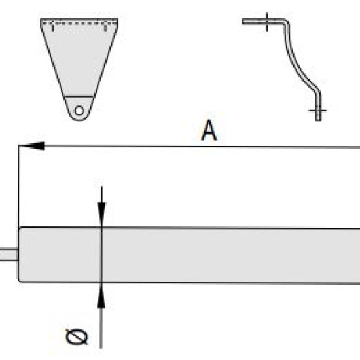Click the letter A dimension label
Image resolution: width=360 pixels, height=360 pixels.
[x=209, y=130]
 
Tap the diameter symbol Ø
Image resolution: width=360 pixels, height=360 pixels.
[x=77, y=337]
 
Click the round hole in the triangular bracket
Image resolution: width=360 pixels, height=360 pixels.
[x=79, y=111]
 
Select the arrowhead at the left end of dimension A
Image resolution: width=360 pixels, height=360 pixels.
[x=33, y=146]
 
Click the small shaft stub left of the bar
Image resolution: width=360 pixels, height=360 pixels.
[x=9, y=255]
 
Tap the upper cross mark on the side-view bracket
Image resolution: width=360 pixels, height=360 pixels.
[x=267, y=22]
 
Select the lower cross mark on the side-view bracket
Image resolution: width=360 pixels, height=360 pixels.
[x=317, y=111]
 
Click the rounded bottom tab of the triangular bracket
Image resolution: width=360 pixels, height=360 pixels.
[x=79, y=109]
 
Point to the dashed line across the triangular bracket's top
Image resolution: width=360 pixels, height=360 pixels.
[x=79, y=23]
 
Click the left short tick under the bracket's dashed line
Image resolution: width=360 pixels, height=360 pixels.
[x=52, y=27]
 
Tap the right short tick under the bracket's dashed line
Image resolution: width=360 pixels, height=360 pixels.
[x=105, y=27]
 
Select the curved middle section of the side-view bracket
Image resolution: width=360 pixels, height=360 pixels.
[x=298, y=64]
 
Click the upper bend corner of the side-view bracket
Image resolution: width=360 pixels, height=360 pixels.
[x=286, y=22]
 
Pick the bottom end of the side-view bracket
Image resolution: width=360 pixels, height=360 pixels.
[x=318, y=119]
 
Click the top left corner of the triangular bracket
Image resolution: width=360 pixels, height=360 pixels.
[x=41, y=19]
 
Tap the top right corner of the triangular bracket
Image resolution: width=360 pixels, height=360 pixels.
[x=117, y=19]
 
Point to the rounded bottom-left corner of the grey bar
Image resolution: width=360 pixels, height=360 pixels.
[x=19, y=281]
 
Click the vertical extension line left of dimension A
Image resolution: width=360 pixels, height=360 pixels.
[x=18, y=186]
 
